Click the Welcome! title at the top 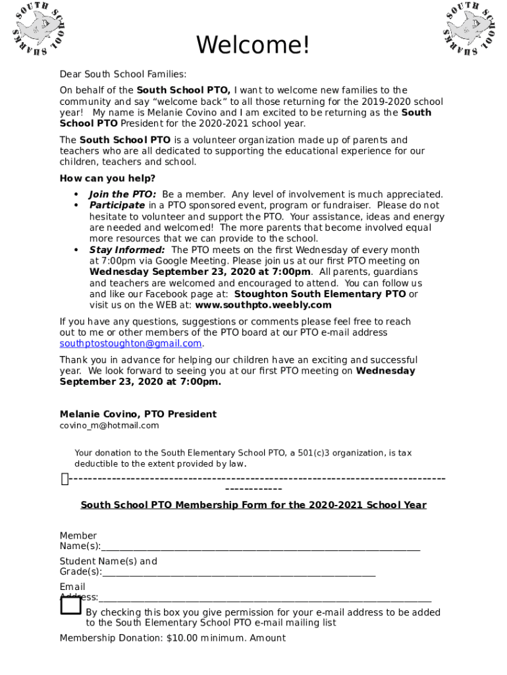click(x=253, y=45)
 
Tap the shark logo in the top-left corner click(x=40, y=30)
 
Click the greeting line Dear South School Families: click(x=123, y=74)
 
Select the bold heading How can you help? click(x=107, y=179)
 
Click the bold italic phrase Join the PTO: click(x=122, y=194)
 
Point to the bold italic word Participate click(x=117, y=205)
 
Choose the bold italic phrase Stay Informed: click(x=127, y=250)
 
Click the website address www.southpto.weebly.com click(x=263, y=305)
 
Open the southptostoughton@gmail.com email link click(x=130, y=343)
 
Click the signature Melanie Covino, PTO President click(x=138, y=414)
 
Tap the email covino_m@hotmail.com click(x=109, y=425)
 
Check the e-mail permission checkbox click(x=70, y=605)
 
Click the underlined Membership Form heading click(x=254, y=505)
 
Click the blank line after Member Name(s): click(x=260, y=546)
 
